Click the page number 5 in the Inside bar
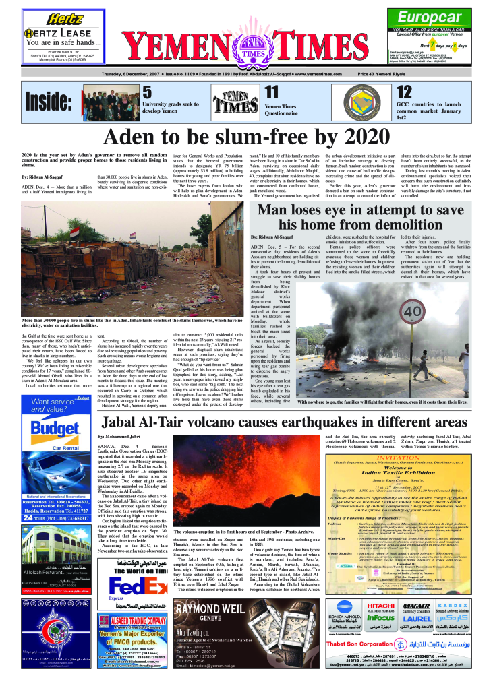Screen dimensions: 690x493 tap(146, 92)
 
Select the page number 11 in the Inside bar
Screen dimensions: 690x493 tap(270, 92)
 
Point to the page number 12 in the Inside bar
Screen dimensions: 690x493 tap(403, 92)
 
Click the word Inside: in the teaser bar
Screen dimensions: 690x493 tap(48, 102)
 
